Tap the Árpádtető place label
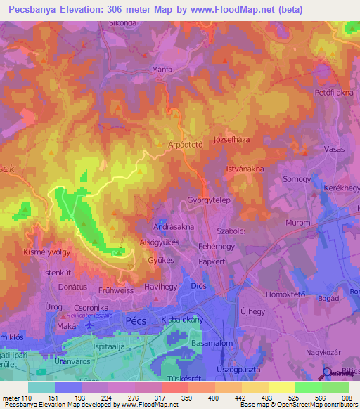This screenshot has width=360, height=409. coord(184,145)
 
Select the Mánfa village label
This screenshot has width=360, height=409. coord(162,70)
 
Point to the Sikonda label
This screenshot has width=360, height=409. coord(122,22)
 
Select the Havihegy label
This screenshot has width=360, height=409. coord(160,287)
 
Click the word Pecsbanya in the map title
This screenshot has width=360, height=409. coord(39,11)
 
